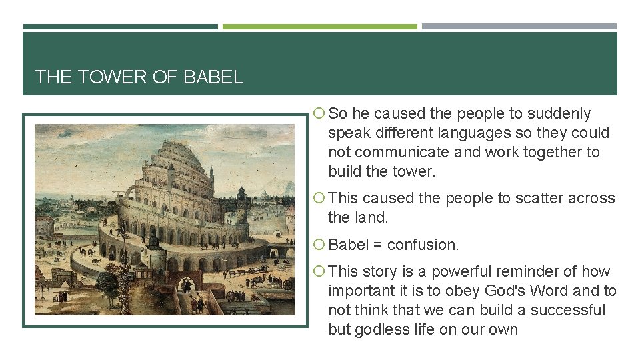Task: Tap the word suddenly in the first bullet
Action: [x=558, y=114]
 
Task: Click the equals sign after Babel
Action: [x=377, y=245]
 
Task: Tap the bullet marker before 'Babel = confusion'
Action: [x=319, y=245]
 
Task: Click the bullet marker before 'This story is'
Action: [x=319, y=272]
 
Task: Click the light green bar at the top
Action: [x=319, y=27]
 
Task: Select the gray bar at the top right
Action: [x=519, y=27]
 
